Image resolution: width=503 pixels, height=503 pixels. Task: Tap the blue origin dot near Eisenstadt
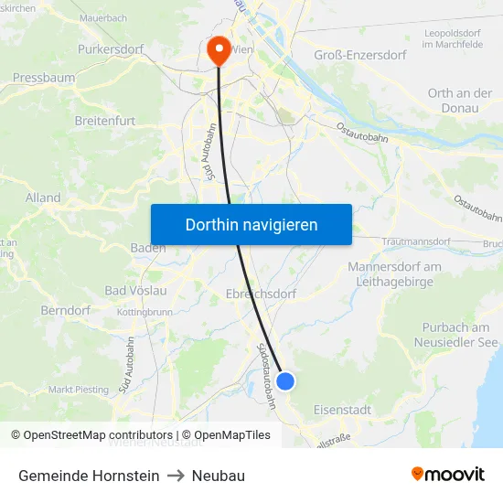pyautogui.click(x=285, y=380)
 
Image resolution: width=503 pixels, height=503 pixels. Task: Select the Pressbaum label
pyautogui.click(x=44, y=79)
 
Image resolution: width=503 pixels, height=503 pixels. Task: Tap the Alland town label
pyautogui.click(x=43, y=198)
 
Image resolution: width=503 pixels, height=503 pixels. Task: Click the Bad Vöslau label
pyautogui.click(x=135, y=291)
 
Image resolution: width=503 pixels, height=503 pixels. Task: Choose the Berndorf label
pyautogui.click(x=66, y=310)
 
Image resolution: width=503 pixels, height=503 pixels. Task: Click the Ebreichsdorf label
pyautogui.click(x=261, y=294)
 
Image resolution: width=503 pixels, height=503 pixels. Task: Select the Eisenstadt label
pyautogui.click(x=342, y=410)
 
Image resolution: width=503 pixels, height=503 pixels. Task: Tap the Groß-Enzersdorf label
pyautogui.click(x=359, y=55)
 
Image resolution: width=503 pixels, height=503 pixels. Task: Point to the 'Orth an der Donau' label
pyautogui.click(x=459, y=101)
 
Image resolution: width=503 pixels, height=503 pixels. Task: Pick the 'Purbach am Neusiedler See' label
pyautogui.click(x=455, y=335)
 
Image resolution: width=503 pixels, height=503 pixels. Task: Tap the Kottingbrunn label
pyautogui.click(x=144, y=312)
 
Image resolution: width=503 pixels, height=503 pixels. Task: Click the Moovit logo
pyautogui.click(x=447, y=475)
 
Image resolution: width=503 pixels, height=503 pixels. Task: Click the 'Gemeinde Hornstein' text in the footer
pyautogui.click(x=89, y=476)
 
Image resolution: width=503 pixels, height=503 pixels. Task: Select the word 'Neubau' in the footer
pyautogui.click(x=219, y=476)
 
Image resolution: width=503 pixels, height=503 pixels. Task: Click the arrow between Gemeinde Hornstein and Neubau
pyautogui.click(x=176, y=476)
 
